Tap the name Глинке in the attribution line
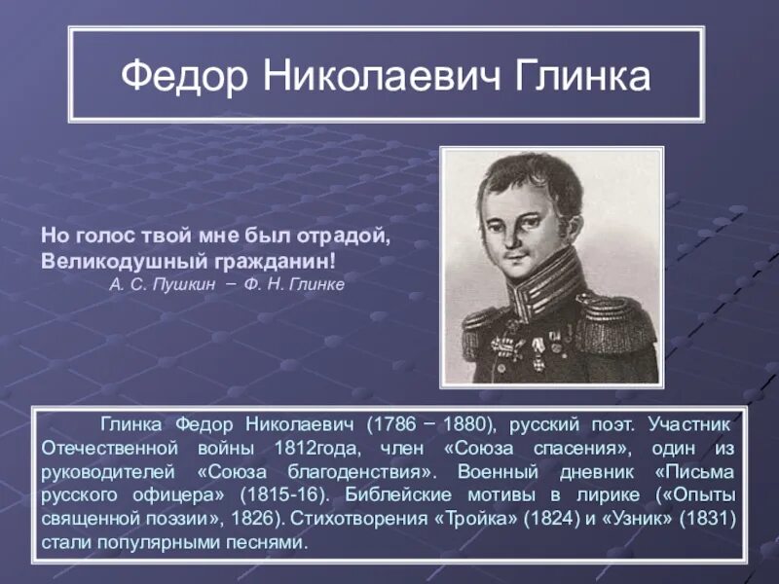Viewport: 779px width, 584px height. (315, 284)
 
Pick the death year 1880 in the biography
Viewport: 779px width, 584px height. (463, 426)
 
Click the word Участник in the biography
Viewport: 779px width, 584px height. (695, 426)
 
